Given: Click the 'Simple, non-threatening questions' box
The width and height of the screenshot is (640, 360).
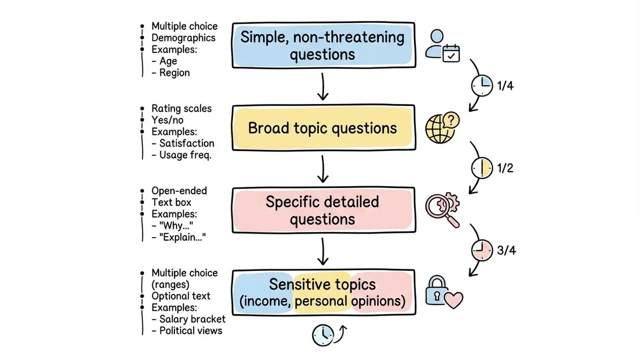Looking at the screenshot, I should tap(323, 45).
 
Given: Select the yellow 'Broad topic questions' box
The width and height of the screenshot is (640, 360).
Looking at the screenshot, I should tap(323, 128).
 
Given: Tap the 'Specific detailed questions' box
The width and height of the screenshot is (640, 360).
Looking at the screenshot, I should tap(323, 211).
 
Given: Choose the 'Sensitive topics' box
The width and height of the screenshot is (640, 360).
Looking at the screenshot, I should tap(323, 292).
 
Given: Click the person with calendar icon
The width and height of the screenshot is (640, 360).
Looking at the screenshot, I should tap(442, 44).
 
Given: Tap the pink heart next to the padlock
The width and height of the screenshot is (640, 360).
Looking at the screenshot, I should tap(454, 300).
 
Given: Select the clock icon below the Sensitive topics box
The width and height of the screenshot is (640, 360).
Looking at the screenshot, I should tap(322, 335).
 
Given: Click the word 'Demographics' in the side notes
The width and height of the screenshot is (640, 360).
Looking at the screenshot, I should tap(183, 38).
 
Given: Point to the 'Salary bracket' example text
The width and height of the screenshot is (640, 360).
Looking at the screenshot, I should tap(193, 319).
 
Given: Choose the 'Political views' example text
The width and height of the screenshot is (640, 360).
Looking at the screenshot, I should tap(190, 331).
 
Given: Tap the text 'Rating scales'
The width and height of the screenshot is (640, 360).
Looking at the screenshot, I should tap(181, 108).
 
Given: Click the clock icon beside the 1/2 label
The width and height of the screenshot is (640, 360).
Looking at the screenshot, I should tap(482, 168).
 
